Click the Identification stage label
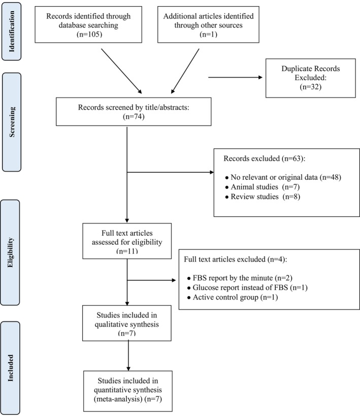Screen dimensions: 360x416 (11, 31)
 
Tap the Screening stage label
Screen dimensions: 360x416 (12, 122)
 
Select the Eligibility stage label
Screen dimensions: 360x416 (10, 252)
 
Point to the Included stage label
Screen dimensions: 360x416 (10, 368)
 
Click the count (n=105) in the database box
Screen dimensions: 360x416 (89, 34)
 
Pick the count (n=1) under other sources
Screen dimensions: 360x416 (208, 34)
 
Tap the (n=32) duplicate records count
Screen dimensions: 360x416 (310, 87)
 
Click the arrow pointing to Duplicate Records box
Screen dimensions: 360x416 (235, 77)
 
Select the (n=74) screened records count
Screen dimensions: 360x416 (134, 116)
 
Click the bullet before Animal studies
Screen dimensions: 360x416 (227, 187)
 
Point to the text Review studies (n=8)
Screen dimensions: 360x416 (265, 197)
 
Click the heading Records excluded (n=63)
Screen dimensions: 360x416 (264, 158)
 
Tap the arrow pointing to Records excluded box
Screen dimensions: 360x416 (170, 172)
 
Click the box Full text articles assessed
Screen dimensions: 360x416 (127, 241)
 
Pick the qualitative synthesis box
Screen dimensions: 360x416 (127, 323)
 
